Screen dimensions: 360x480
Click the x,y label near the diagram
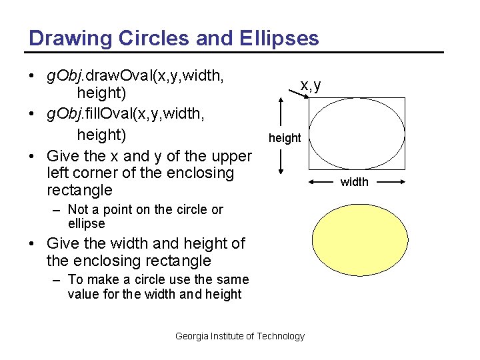tap(311, 85)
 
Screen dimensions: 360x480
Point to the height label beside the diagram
tap(285, 138)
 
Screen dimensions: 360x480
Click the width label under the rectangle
tap(354, 182)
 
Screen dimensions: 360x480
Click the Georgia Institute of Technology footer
tap(239, 336)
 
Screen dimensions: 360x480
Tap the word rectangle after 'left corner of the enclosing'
tap(79, 190)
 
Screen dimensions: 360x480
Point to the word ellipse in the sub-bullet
tap(87, 224)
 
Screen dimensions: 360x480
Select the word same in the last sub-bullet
tap(233, 279)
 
